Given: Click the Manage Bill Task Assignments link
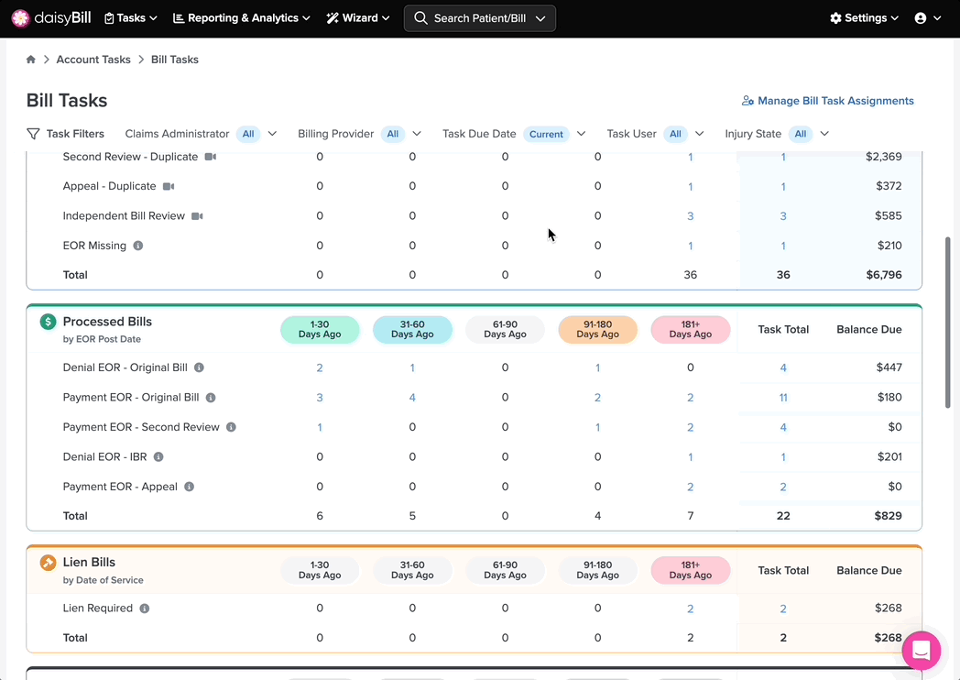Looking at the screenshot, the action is coord(827,101).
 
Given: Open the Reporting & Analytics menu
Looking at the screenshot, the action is coord(242,17).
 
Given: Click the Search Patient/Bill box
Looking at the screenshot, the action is coord(479,17).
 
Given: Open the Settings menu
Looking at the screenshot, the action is coord(864,17).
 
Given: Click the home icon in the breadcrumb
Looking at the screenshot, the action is coord(30,60).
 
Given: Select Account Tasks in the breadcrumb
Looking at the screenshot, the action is coord(93,60).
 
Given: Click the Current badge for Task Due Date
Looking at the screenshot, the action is coord(546,134).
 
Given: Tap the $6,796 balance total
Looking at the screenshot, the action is coord(883,275).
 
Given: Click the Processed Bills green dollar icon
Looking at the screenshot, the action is coord(48,322).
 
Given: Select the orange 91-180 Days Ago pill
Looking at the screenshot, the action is coord(597,329).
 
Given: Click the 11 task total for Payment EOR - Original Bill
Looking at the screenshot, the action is coord(783,398).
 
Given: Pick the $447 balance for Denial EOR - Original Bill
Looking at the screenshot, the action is coord(889,367).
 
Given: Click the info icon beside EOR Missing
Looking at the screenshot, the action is coord(138,246).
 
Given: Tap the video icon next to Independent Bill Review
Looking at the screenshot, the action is coord(197,216).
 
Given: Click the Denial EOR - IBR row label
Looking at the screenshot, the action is coord(104,457).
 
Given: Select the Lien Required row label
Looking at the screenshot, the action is coord(97,609).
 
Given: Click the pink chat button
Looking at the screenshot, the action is coord(921,651).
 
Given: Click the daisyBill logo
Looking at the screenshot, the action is coord(50,17).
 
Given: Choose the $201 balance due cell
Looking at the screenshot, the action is coord(889,457).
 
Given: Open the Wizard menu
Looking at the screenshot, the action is coord(358,17).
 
